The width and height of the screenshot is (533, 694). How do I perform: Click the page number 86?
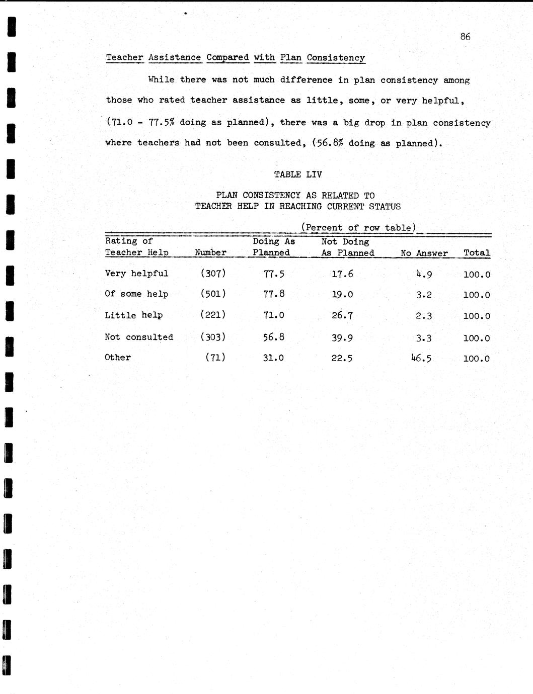tap(465, 36)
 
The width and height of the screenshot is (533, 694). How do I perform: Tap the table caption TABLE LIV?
tap(297, 175)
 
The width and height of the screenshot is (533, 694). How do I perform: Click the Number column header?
tap(210, 252)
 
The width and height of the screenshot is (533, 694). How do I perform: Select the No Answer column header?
tap(424, 253)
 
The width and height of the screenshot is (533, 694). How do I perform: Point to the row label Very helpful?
tap(136, 274)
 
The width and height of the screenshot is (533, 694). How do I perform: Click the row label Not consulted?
tap(138, 337)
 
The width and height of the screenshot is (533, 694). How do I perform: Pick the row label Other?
tap(117, 358)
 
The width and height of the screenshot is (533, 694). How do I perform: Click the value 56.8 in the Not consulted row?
tap(273, 337)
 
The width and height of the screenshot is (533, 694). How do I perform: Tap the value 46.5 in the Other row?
tap(421, 358)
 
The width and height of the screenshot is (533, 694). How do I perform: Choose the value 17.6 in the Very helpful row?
tap(342, 274)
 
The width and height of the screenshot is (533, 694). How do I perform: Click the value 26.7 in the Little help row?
tap(342, 316)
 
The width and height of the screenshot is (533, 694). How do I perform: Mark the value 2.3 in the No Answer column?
tap(424, 316)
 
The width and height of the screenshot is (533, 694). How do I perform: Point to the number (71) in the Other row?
tap(215, 358)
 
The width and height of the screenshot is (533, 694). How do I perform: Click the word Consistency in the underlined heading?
tap(336, 58)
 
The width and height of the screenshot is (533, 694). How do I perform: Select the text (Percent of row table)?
tap(358, 227)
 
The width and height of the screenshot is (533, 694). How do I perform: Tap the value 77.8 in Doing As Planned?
tap(273, 294)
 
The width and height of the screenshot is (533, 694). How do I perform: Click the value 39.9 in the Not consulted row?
tap(342, 338)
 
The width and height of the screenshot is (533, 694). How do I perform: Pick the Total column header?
tap(476, 253)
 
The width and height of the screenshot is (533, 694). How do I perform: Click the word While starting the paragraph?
tap(161, 79)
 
